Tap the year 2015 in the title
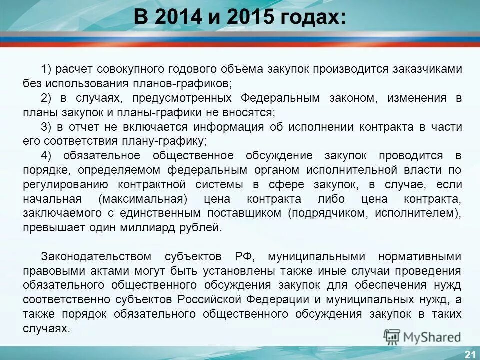point(252,18)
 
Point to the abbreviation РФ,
point(245,257)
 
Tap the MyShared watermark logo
point(422,336)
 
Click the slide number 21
point(470,354)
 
